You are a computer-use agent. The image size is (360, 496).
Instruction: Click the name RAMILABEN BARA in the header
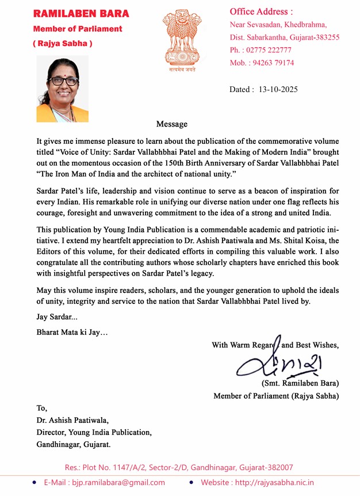point(81,13)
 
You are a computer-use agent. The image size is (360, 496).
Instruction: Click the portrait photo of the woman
point(63,89)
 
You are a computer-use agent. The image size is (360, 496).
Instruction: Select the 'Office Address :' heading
point(261,12)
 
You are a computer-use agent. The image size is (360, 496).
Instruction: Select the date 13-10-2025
point(278,90)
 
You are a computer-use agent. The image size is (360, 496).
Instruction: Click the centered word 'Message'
point(172,124)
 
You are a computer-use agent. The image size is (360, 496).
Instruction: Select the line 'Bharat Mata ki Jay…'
point(72,332)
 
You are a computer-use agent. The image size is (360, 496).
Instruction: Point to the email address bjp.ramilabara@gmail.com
point(105,483)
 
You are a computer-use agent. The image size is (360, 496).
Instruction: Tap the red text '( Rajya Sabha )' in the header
point(63,44)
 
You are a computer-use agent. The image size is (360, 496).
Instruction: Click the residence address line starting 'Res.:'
point(179,467)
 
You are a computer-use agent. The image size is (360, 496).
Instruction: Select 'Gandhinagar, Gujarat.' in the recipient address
point(74,444)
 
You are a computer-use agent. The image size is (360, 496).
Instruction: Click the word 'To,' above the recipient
point(42,408)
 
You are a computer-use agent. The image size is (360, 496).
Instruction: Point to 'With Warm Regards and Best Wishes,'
point(275,345)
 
